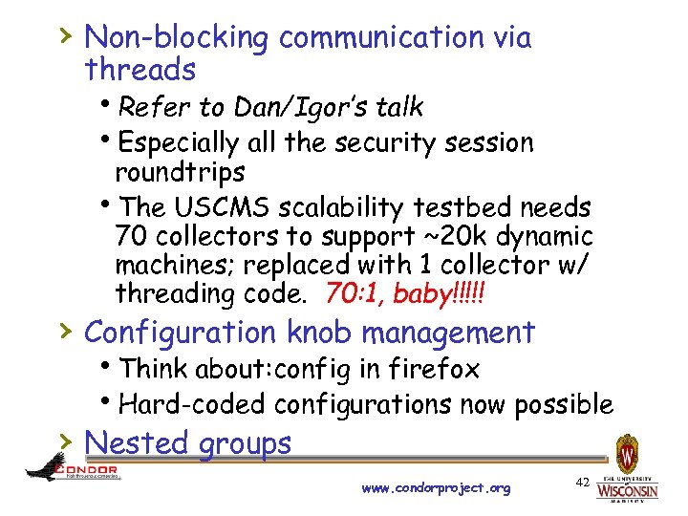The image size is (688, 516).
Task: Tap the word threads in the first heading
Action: [x=140, y=70]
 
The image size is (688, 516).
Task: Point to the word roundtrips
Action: [x=180, y=173]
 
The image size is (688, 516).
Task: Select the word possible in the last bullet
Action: [x=564, y=404]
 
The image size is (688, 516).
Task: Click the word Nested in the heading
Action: [x=135, y=443]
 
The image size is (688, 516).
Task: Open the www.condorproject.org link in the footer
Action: [x=437, y=488]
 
